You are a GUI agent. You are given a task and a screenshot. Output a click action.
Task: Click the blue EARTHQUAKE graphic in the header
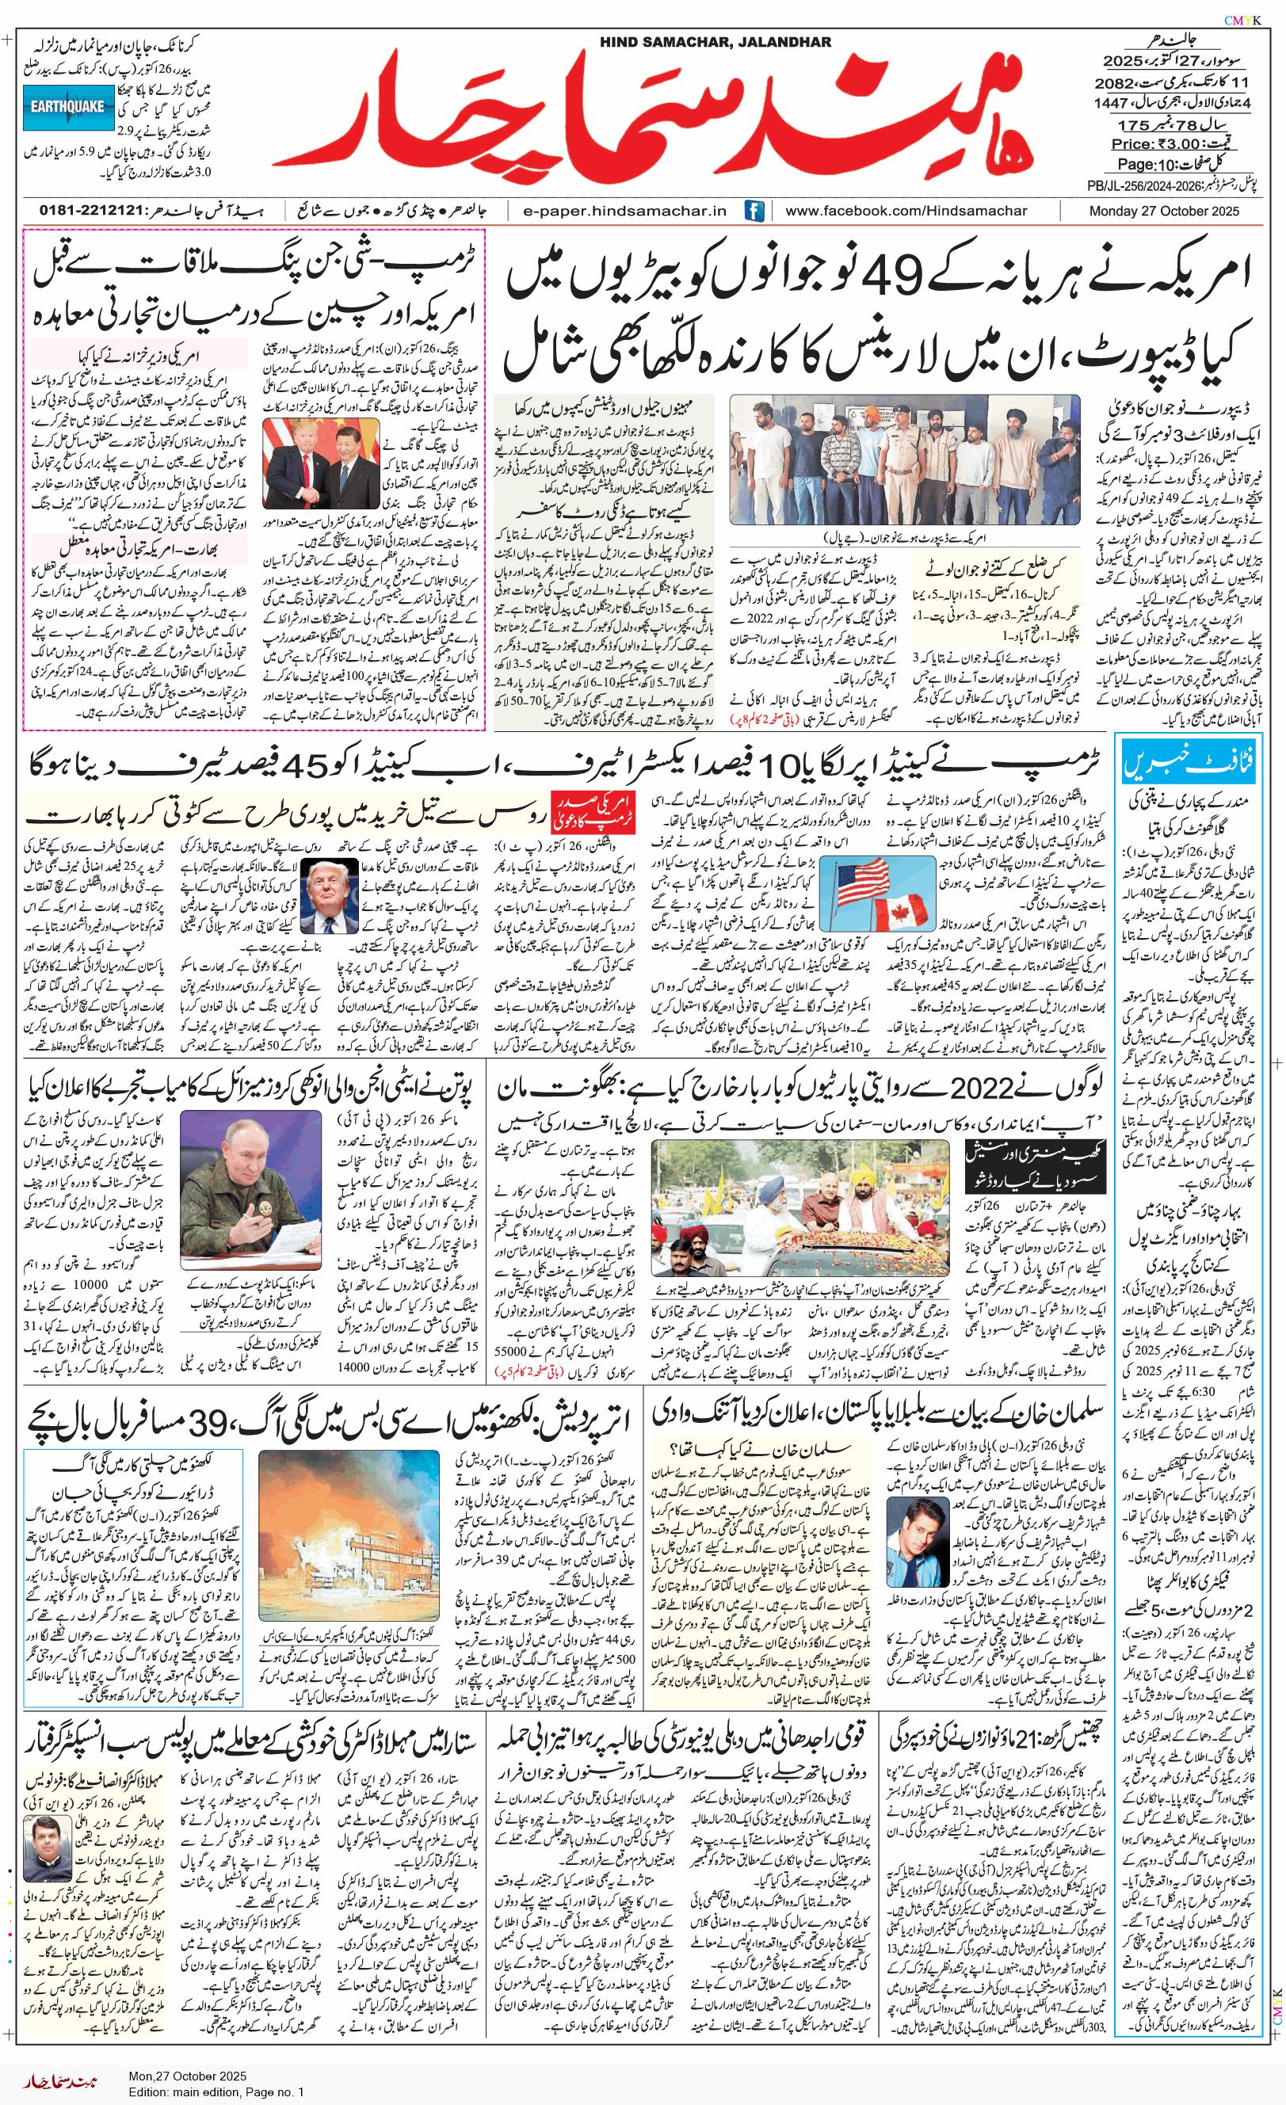68,108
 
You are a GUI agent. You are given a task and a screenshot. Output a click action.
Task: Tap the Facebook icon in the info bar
754,211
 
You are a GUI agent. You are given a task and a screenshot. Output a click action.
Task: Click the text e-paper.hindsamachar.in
624,211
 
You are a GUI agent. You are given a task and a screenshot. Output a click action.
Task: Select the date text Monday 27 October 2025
1164,211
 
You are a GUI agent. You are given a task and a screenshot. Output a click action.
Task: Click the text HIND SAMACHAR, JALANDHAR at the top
715,42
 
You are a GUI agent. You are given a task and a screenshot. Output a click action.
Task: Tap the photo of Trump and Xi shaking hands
320,464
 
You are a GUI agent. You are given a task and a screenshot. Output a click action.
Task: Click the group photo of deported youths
904,460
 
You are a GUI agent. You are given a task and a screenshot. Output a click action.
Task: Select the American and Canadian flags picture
878,893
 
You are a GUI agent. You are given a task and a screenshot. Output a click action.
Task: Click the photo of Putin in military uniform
250,1190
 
